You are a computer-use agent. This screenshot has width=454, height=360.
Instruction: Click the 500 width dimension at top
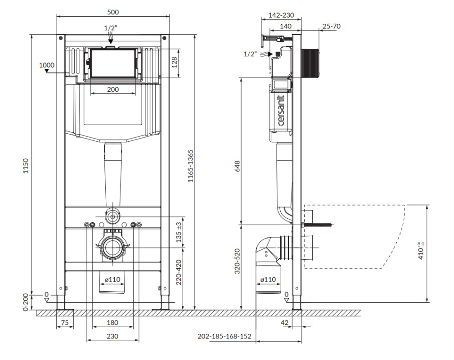click(x=113, y=12)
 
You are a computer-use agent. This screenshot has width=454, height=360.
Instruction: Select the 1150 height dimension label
click(x=26, y=166)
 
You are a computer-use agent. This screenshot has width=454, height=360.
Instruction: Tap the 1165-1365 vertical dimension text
click(x=190, y=166)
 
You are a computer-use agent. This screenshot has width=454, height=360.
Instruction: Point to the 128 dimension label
click(x=174, y=62)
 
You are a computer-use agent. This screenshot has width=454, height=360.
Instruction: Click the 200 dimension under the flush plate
click(x=113, y=89)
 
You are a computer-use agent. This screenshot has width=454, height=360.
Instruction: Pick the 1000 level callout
click(x=47, y=65)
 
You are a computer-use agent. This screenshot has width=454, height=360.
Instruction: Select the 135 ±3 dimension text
click(x=179, y=232)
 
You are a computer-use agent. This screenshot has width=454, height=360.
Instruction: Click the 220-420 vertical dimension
click(x=179, y=272)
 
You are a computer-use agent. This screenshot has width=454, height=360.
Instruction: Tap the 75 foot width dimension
click(x=65, y=322)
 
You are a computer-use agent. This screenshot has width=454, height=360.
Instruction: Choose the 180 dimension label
click(x=112, y=322)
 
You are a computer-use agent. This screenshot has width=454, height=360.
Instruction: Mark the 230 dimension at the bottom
click(x=112, y=336)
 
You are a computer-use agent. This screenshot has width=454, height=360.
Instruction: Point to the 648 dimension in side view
click(x=237, y=166)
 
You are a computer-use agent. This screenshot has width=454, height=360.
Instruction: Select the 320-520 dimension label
click(x=237, y=261)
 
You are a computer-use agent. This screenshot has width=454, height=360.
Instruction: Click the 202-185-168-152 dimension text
click(x=225, y=336)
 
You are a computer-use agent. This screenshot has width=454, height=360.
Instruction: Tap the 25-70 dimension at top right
click(x=332, y=26)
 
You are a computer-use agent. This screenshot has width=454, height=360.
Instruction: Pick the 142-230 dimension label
click(x=281, y=15)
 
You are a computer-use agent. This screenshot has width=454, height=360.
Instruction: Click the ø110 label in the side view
click(x=268, y=279)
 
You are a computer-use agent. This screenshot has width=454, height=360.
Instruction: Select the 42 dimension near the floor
click(x=285, y=322)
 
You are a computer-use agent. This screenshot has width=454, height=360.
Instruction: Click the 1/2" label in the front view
click(x=111, y=28)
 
